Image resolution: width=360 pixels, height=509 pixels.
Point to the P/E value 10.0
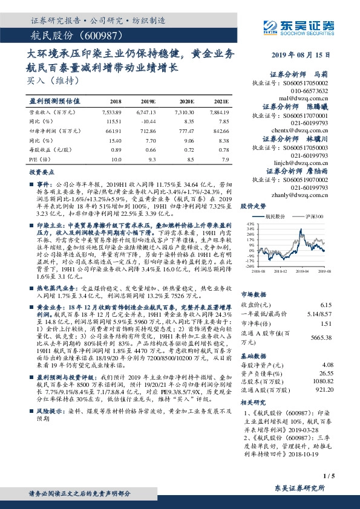click(117, 158)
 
